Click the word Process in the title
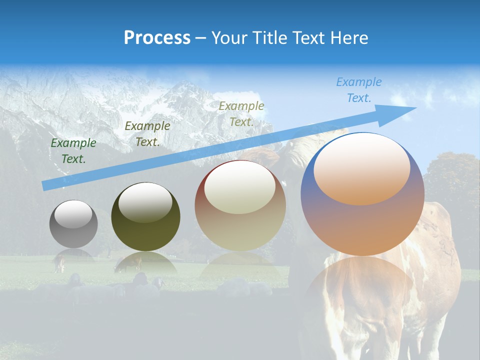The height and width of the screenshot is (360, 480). [x=157, y=38]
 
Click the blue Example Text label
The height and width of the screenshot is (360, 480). [x=358, y=90]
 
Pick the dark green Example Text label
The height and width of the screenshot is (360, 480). [x=73, y=151]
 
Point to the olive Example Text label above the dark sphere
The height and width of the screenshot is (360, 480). [x=147, y=134]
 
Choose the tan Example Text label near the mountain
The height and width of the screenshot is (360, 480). [x=241, y=113]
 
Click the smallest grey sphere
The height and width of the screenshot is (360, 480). [x=73, y=224]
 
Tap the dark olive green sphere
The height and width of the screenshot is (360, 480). [x=145, y=217]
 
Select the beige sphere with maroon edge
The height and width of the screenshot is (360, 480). [x=240, y=205]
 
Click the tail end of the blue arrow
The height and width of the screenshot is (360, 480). [x=45, y=185]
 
